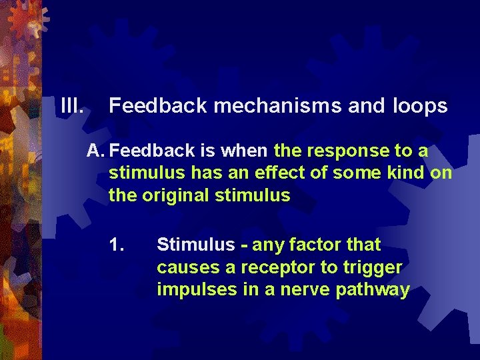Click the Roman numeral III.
click(x=71, y=105)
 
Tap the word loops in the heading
click(x=420, y=105)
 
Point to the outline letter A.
click(x=95, y=151)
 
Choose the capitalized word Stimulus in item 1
click(x=195, y=245)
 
